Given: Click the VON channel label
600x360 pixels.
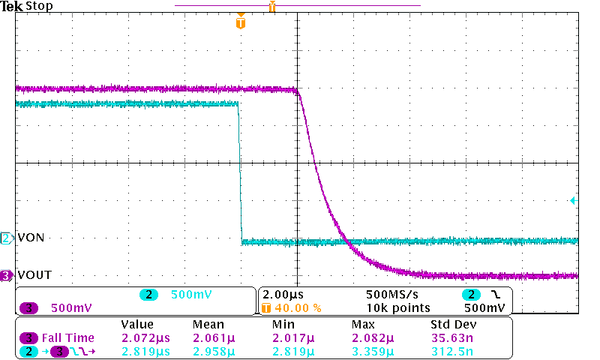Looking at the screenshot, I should tap(30, 238).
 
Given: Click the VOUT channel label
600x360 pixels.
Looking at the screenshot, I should tap(34, 275).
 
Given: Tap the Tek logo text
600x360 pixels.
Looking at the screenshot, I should tap(12, 6).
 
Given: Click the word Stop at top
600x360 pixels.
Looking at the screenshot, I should tap(39, 6).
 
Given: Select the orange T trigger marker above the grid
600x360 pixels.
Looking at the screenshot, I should tap(240, 23).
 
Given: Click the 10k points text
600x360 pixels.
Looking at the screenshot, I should tap(398, 307).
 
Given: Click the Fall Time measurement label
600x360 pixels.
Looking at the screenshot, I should tap(67, 337).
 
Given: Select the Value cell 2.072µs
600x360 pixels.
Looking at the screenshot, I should tap(146, 337).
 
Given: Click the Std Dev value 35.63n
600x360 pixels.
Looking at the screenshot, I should tap(449, 337).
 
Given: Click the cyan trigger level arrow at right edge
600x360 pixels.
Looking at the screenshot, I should tap(572, 200).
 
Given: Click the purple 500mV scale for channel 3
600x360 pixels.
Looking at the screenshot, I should tap(71, 307).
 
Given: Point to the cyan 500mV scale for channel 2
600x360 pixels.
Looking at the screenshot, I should tap(188, 295).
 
